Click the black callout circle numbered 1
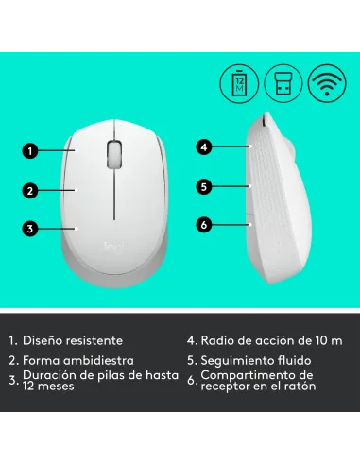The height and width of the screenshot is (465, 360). click(x=30, y=150)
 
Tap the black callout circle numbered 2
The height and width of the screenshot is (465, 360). click(x=30, y=190)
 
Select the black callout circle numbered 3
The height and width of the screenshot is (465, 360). click(x=30, y=228)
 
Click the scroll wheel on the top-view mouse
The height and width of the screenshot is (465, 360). click(x=114, y=153)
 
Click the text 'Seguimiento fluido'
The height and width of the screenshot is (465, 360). click(x=259, y=360)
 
